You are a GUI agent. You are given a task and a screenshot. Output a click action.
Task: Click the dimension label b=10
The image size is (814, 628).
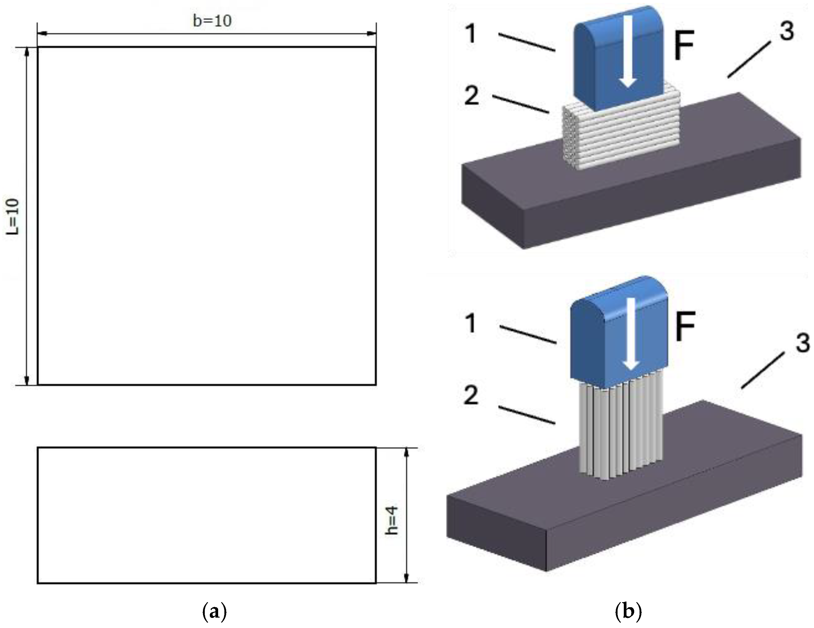[x=212, y=21]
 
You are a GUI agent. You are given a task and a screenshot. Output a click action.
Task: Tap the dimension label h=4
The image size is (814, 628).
[x=392, y=520]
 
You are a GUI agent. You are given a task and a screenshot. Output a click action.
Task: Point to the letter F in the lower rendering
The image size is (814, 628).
[x=685, y=327]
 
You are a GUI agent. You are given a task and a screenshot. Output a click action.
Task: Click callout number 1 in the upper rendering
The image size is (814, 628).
[x=471, y=34]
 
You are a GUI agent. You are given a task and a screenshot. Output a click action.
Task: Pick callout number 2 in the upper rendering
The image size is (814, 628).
[x=471, y=95]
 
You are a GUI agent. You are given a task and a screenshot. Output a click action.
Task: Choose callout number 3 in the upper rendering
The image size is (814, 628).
[x=786, y=31]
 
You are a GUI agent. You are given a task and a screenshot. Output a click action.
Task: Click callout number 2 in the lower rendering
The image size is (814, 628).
[x=471, y=396]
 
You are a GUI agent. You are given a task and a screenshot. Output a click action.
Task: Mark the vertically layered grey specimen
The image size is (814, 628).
[x=621, y=432]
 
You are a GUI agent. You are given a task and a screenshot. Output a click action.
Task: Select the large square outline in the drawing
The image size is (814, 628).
[x=207, y=216]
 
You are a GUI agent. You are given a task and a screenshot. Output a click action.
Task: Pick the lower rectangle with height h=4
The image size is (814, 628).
[x=207, y=515]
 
